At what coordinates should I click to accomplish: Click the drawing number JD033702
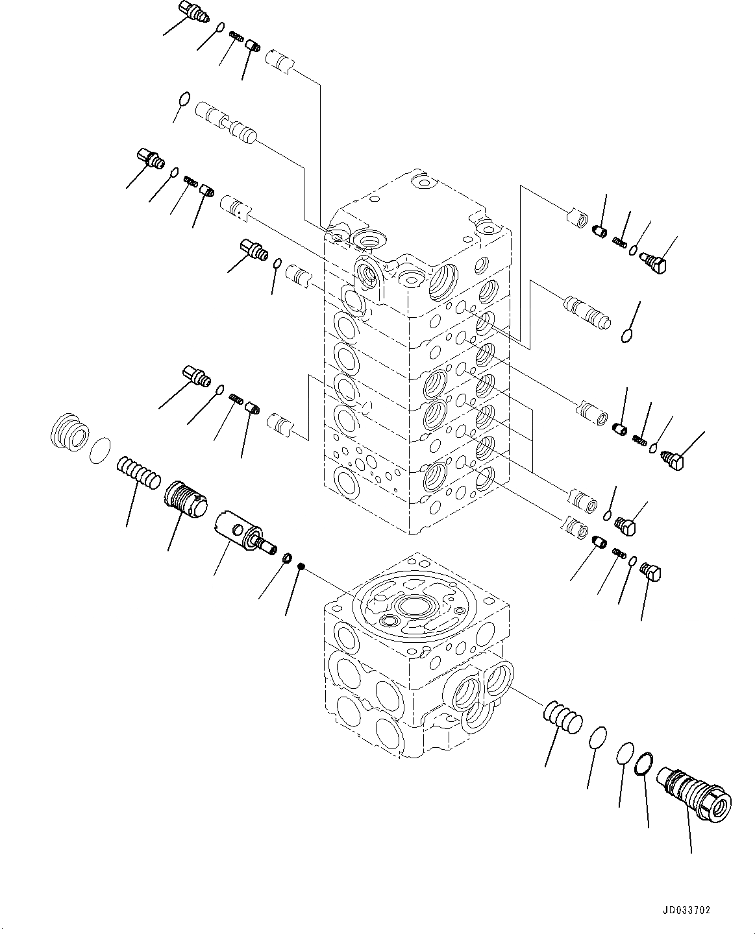click(x=687, y=911)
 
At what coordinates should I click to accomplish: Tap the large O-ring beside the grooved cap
click(x=99, y=449)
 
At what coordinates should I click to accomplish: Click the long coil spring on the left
click(x=138, y=471)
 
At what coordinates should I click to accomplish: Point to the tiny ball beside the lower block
click(x=301, y=568)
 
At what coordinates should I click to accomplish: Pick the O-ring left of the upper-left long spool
click(x=184, y=99)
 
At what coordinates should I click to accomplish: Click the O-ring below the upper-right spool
click(x=626, y=335)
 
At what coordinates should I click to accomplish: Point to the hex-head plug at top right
click(x=658, y=261)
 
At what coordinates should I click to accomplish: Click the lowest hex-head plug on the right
click(x=651, y=571)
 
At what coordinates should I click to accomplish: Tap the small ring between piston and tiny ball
click(x=286, y=557)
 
